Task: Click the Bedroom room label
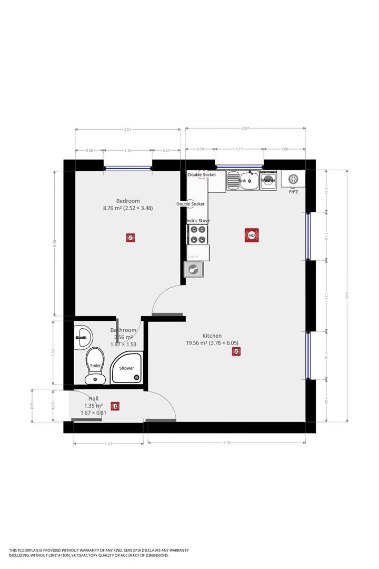point(128,201)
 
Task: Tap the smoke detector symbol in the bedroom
point(131,238)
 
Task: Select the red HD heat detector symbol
point(252,235)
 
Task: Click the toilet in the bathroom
point(95,365)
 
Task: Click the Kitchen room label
point(212,336)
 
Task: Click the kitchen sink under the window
point(243,181)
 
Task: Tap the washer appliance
point(268,180)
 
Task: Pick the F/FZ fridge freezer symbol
point(293,180)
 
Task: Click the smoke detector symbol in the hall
point(115,406)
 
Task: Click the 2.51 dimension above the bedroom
point(128,130)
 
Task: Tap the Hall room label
point(94,399)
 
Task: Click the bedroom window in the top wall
point(128,169)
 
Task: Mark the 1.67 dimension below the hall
point(108,444)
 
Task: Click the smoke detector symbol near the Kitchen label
point(236,351)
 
